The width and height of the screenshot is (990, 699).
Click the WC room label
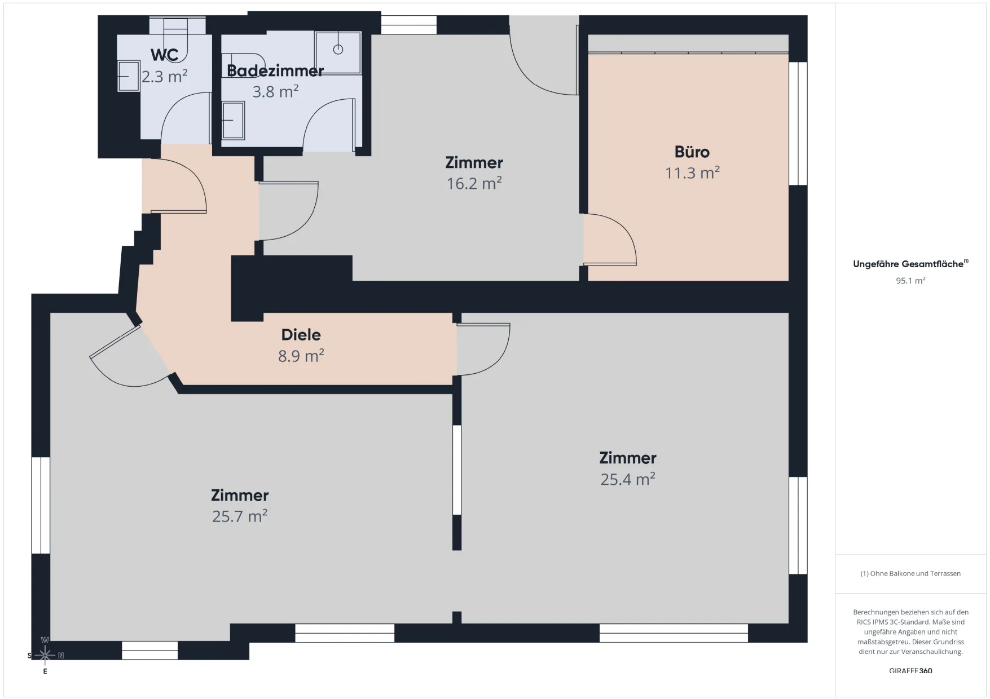click(165, 55)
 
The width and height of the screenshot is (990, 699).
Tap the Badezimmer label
click(275, 70)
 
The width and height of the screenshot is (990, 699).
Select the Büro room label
click(692, 152)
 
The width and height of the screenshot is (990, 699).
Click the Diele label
click(301, 335)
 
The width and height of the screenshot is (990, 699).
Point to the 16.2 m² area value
click(474, 183)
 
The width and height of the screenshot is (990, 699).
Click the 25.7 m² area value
click(240, 516)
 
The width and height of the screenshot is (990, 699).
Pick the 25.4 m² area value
click(628, 479)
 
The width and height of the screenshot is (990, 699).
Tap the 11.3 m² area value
click(692, 172)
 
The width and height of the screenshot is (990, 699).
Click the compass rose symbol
click(45, 655)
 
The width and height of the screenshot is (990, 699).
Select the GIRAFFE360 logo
click(910, 671)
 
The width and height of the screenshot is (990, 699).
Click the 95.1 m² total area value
click(910, 280)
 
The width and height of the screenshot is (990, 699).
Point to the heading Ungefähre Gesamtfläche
click(908, 264)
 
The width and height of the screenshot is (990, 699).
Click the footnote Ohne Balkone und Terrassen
click(910, 573)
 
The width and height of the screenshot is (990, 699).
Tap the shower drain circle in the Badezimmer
click(338, 50)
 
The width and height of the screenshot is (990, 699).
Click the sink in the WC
click(129, 76)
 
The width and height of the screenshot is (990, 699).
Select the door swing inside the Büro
click(610, 239)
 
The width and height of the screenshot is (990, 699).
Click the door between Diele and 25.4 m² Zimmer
click(483, 349)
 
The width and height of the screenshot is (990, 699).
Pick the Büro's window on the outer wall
click(798, 123)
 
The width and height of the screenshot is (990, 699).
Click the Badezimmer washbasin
click(233, 120)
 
